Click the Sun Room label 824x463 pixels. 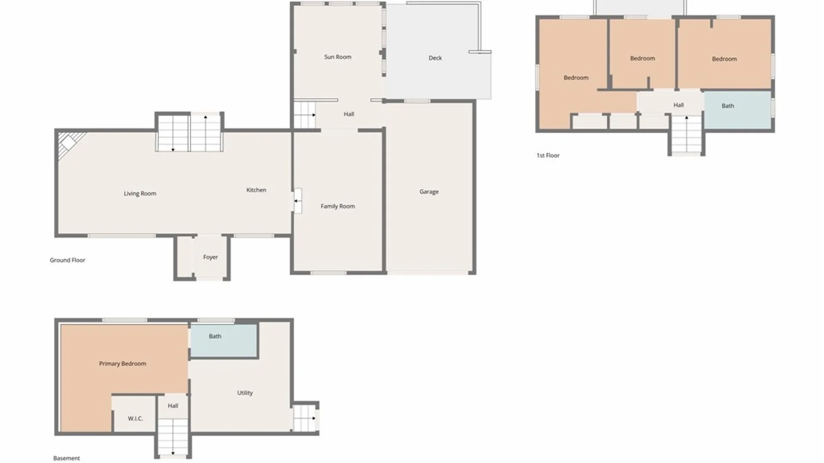[x=338, y=57]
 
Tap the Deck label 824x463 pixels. [x=435, y=58]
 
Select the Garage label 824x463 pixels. [x=429, y=192]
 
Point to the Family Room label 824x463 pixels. [x=338, y=206]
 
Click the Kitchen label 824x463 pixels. [x=256, y=190]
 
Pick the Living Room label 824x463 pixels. [x=140, y=193]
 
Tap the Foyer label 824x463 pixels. [x=210, y=257]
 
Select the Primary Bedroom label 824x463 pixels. [x=123, y=364]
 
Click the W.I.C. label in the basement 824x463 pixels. [x=135, y=418]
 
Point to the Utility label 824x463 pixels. [x=245, y=393]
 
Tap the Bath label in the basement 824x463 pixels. [x=215, y=336]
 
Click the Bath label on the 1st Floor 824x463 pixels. [x=728, y=106]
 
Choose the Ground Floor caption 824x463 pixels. [x=67, y=260]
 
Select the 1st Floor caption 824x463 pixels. [x=548, y=156]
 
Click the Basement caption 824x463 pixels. [x=67, y=458]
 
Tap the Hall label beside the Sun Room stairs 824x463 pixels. [x=349, y=114]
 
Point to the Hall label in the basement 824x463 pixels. [x=173, y=406]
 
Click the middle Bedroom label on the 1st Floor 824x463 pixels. [x=642, y=58]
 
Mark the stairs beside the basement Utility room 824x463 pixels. [x=305, y=418]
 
